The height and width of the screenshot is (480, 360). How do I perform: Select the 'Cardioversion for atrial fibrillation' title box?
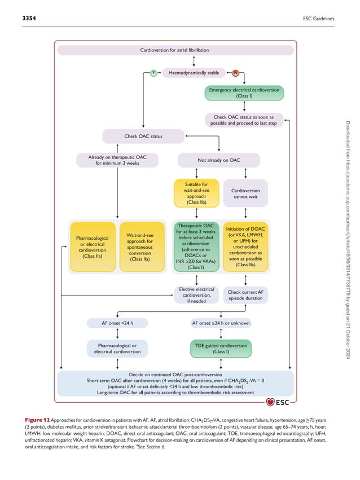174,50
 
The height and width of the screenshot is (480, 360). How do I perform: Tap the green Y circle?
152,73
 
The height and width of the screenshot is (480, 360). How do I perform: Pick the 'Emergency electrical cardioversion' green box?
244,93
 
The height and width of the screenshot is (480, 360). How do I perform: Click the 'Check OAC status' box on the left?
143,136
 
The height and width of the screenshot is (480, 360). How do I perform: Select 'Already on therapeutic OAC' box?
117,160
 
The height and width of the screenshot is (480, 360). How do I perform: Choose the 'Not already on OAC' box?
219,160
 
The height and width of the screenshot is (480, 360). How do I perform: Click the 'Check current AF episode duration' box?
245,295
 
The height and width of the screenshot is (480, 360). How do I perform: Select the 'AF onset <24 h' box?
117,323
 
